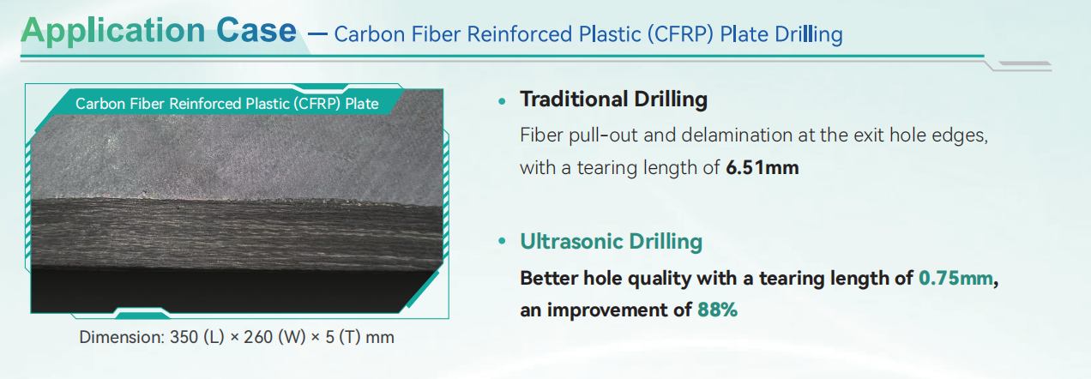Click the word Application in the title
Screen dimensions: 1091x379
(113, 32)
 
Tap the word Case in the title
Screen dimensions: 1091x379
(256, 31)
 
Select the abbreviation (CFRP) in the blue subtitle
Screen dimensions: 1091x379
(680, 34)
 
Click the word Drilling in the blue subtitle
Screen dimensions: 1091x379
(809, 34)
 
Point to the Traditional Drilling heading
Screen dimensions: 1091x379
(614, 99)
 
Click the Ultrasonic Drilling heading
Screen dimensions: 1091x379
(612, 242)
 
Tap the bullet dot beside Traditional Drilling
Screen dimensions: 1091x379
(502, 101)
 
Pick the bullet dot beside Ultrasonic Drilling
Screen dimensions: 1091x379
(502, 241)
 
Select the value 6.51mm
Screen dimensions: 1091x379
(762, 167)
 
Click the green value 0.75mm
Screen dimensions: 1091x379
(955, 278)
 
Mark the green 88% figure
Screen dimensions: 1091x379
(717, 310)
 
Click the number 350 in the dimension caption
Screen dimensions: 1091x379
(184, 337)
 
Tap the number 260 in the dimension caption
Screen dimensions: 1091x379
(257, 337)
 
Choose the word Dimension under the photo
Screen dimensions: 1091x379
(121, 337)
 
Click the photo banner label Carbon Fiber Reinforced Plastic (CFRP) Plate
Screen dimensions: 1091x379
(227, 104)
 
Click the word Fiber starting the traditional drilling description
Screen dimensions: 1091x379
(541, 135)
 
